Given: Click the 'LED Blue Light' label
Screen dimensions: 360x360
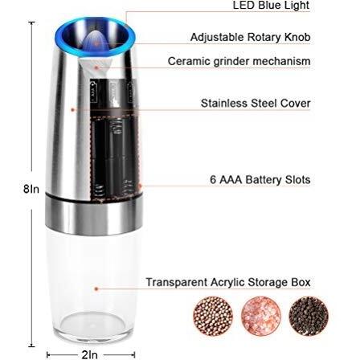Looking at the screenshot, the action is point(271,5).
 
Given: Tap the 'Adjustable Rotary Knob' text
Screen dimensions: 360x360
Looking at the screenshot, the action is point(251,37).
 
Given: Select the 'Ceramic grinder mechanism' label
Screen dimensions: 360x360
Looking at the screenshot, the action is point(239,61).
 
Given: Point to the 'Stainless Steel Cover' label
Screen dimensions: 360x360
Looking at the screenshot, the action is point(256,103).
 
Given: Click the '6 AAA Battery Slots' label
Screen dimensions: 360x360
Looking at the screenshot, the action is point(260,179).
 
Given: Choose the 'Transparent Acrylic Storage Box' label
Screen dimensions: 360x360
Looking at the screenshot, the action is point(228,282).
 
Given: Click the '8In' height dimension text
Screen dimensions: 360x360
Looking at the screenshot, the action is point(31,189).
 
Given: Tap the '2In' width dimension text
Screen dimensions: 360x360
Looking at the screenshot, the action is point(89,354).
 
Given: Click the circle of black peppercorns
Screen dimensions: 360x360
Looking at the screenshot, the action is point(309,316).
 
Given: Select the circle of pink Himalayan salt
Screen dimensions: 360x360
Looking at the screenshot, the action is point(261,316).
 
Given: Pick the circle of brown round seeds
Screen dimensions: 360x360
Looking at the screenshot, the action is point(213,316).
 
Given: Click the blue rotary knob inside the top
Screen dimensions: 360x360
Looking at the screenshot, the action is point(95,42).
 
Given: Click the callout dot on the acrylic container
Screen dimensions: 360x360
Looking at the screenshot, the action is point(96,288).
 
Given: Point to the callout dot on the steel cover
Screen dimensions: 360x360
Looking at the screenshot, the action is point(72,109).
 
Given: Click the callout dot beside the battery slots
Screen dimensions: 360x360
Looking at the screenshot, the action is point(140,186).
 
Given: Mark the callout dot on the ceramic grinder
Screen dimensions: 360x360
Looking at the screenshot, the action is point(96,67).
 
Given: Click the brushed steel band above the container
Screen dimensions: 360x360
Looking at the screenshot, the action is point(94,215).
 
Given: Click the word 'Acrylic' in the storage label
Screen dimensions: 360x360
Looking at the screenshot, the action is point(227,282).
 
